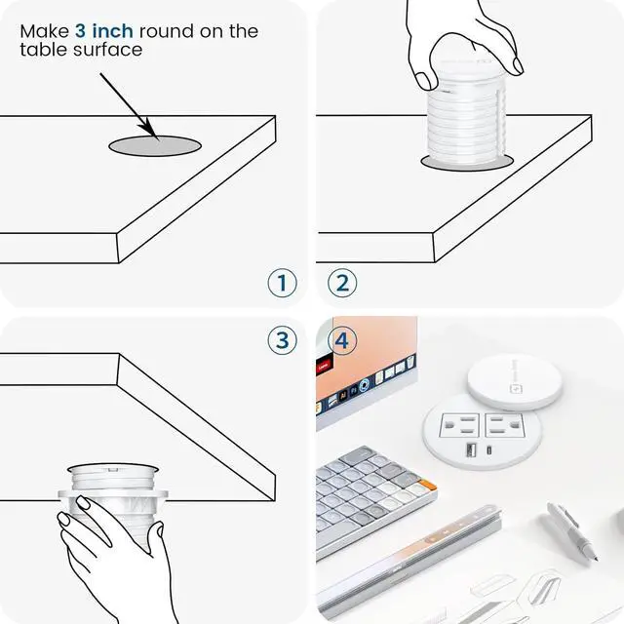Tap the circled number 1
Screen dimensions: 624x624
point(282,283)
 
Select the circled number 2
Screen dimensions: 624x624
point(342,283)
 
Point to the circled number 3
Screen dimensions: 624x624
point(282,340)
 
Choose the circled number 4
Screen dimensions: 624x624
point(342,340)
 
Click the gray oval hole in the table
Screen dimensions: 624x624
point(154,145)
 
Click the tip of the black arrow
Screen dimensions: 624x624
point(153,134)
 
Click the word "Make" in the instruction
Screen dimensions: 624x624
point(46,31)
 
